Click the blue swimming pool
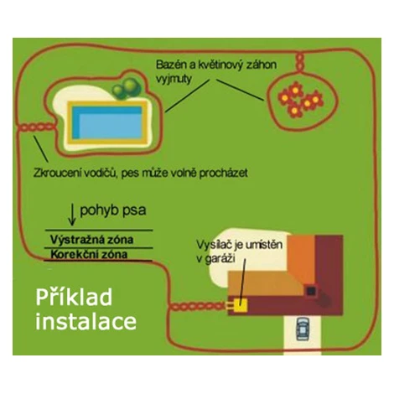pyautogui.click(x=107, y=122)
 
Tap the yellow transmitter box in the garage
pyautogui.click(x=241, y=305)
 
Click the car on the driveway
pyautogui.click(x=303, y=329)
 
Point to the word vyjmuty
pyautogui.click(x=174, y=79)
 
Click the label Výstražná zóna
pyautogui.click(x=91, y=240)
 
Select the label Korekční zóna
pyautogui.click(x=89, y=254)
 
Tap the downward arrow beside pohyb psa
pyautogui.click(x=72, y=215)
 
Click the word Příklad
pyautogui.click(x=74, y=298)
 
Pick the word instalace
pyautogui.click(x=86, y=321)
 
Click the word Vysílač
pyautogui.click(x=214, y=245)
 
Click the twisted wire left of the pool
pyautogui.click(x=37, y=127)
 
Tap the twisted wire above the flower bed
pyautogui.click(x=299, y=62)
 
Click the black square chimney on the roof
pyautogui.click(x=311, y=292)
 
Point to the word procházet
pyautogui.click(x=223, y=174)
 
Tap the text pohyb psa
pyautogui.click(x=113, y=210)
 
